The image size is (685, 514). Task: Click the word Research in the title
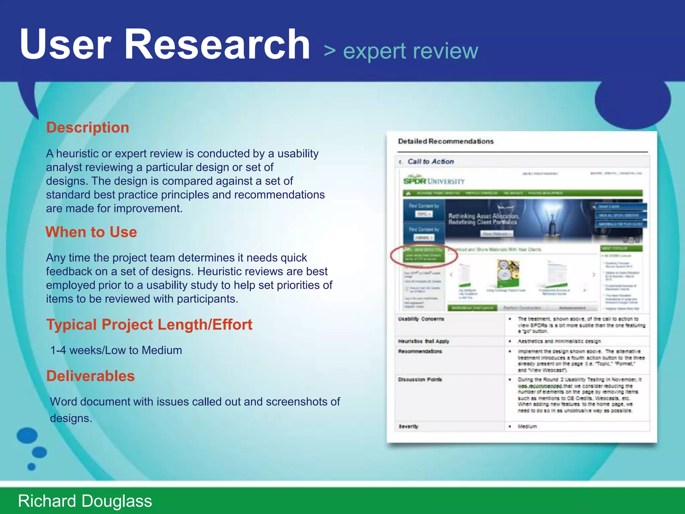[217, 45]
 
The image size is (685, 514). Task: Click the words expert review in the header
[410, 51]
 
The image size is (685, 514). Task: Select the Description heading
[88, 127]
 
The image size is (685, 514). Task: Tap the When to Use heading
[91, 232]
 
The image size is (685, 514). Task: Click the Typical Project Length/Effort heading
[149, 325]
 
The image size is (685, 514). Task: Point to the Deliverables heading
[90, 376]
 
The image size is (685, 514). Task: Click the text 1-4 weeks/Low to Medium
[116, 350]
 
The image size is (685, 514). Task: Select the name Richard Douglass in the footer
[85, 501]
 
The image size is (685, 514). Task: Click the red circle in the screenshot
[424, 256]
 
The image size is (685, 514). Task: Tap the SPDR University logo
[434, 181]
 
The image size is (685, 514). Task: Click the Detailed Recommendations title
[446, 141]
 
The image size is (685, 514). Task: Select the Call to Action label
[430, 162]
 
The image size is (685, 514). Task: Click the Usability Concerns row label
[421, 319]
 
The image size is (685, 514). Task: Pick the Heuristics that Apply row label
[423, 341]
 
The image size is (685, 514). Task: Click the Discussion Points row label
[420, 379]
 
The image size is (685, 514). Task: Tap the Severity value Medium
[527, 426]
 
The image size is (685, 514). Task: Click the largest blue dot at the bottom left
[27, 435]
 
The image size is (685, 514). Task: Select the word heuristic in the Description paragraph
[77, 154]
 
